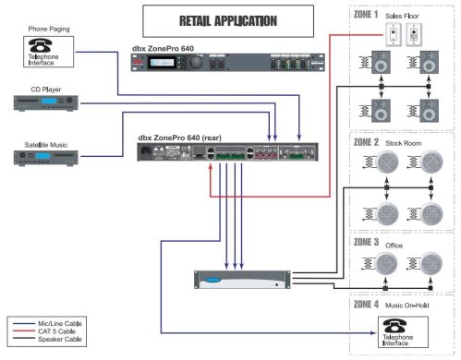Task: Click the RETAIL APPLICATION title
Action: click(212, 18)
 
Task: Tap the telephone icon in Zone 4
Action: click(395, 328)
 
